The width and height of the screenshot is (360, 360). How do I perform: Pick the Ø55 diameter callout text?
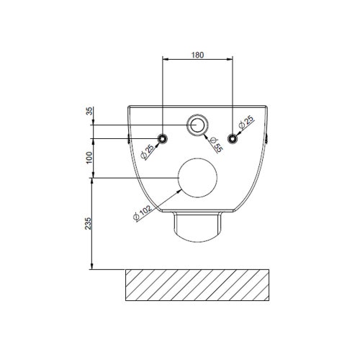point(215,142)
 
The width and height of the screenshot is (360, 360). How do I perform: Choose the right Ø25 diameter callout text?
point(247,123)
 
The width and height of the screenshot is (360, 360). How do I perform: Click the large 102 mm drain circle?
point(198,178)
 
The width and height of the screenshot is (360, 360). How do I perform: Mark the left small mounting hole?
point(163,138)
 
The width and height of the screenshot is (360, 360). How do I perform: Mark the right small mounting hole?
point(232,138)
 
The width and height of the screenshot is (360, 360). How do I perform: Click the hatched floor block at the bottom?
point(198,286)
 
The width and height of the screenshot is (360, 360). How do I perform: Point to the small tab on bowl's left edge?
point(128,137)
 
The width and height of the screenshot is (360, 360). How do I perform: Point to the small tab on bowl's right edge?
point(268,137)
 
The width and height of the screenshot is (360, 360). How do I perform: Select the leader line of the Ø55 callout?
point(209,136)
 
